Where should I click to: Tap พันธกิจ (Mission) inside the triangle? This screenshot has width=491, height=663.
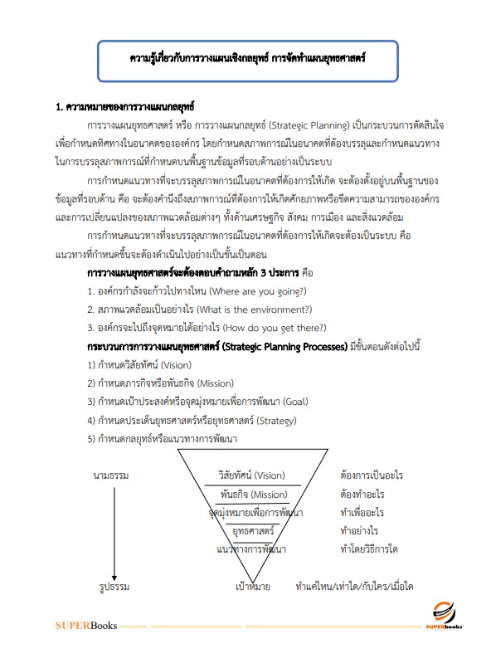click(254, 495)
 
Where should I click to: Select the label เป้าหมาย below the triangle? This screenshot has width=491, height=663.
click(252, 587)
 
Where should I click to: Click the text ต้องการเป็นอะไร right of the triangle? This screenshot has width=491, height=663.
click(372, 475)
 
